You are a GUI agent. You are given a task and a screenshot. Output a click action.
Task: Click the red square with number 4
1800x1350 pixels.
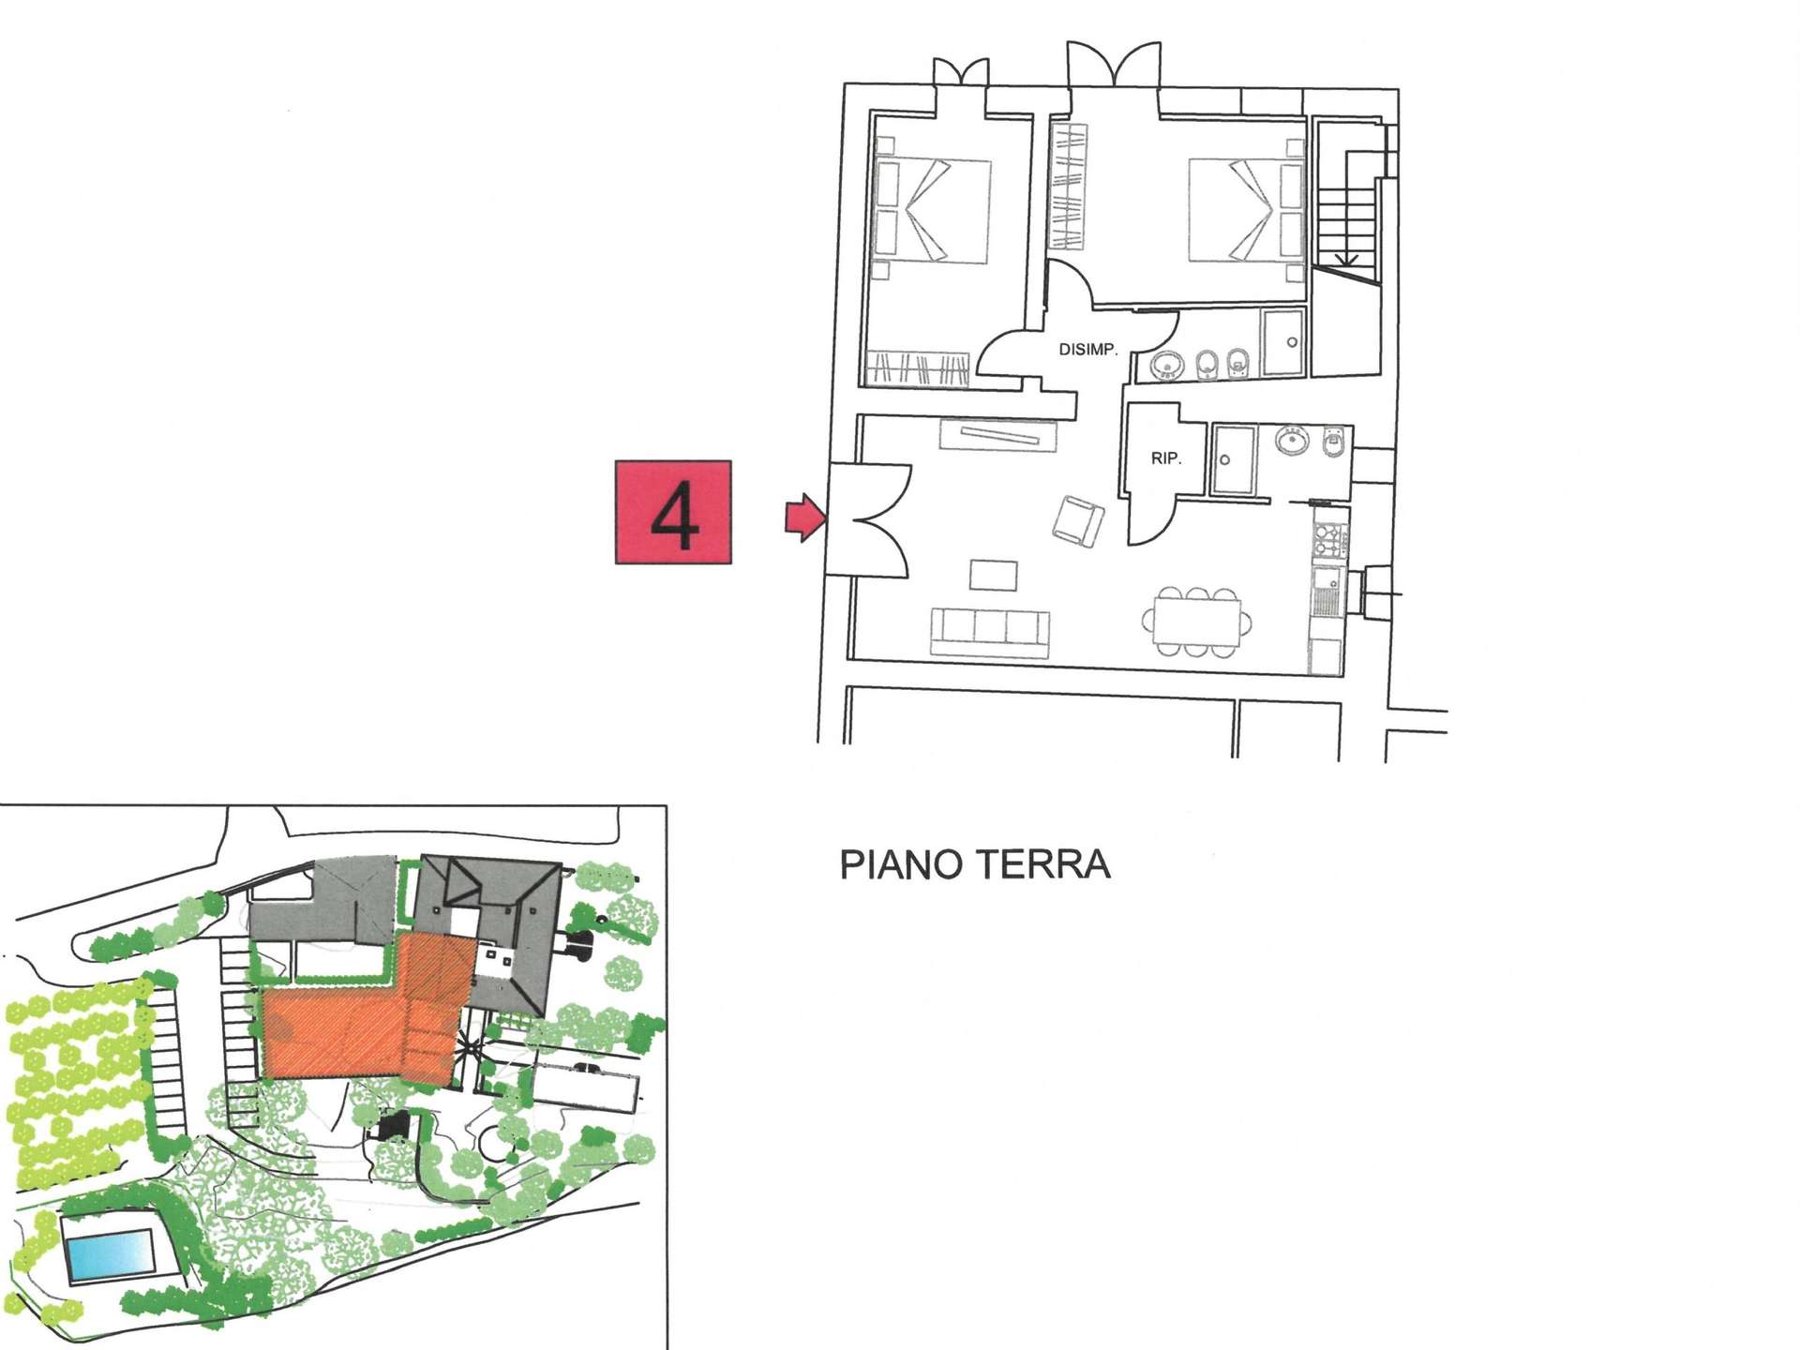click(673, 512)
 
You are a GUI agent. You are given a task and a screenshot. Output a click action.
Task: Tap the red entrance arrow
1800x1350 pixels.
click(805, 517)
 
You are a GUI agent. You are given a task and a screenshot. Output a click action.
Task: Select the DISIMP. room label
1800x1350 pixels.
click(1087, 350)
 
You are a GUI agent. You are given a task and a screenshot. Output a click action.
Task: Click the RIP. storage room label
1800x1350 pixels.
click(1166, 458)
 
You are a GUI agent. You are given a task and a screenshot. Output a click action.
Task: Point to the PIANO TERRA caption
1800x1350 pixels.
click(975, 864)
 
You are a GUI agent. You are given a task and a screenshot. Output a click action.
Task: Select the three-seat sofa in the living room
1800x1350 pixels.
click(990, 633)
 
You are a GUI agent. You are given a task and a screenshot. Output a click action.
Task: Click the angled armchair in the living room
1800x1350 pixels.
click(1078, 521)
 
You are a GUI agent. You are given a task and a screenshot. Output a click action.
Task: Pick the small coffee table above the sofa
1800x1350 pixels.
click(994, 575)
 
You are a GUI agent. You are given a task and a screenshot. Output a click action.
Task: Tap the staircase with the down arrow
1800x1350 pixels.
click(1348, 202)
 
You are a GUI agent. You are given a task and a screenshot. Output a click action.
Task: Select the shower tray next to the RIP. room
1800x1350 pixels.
click(1234, 459)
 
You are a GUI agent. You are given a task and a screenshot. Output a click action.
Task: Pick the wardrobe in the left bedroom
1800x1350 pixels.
click(917, 367)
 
